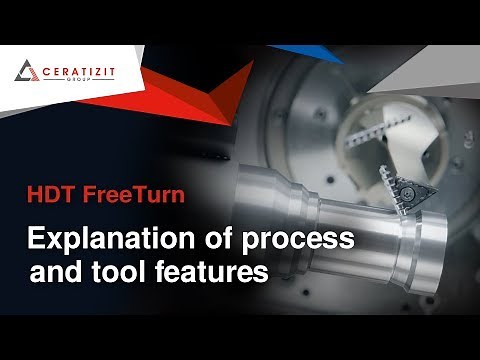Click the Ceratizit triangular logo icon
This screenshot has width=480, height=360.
point(26,72)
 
